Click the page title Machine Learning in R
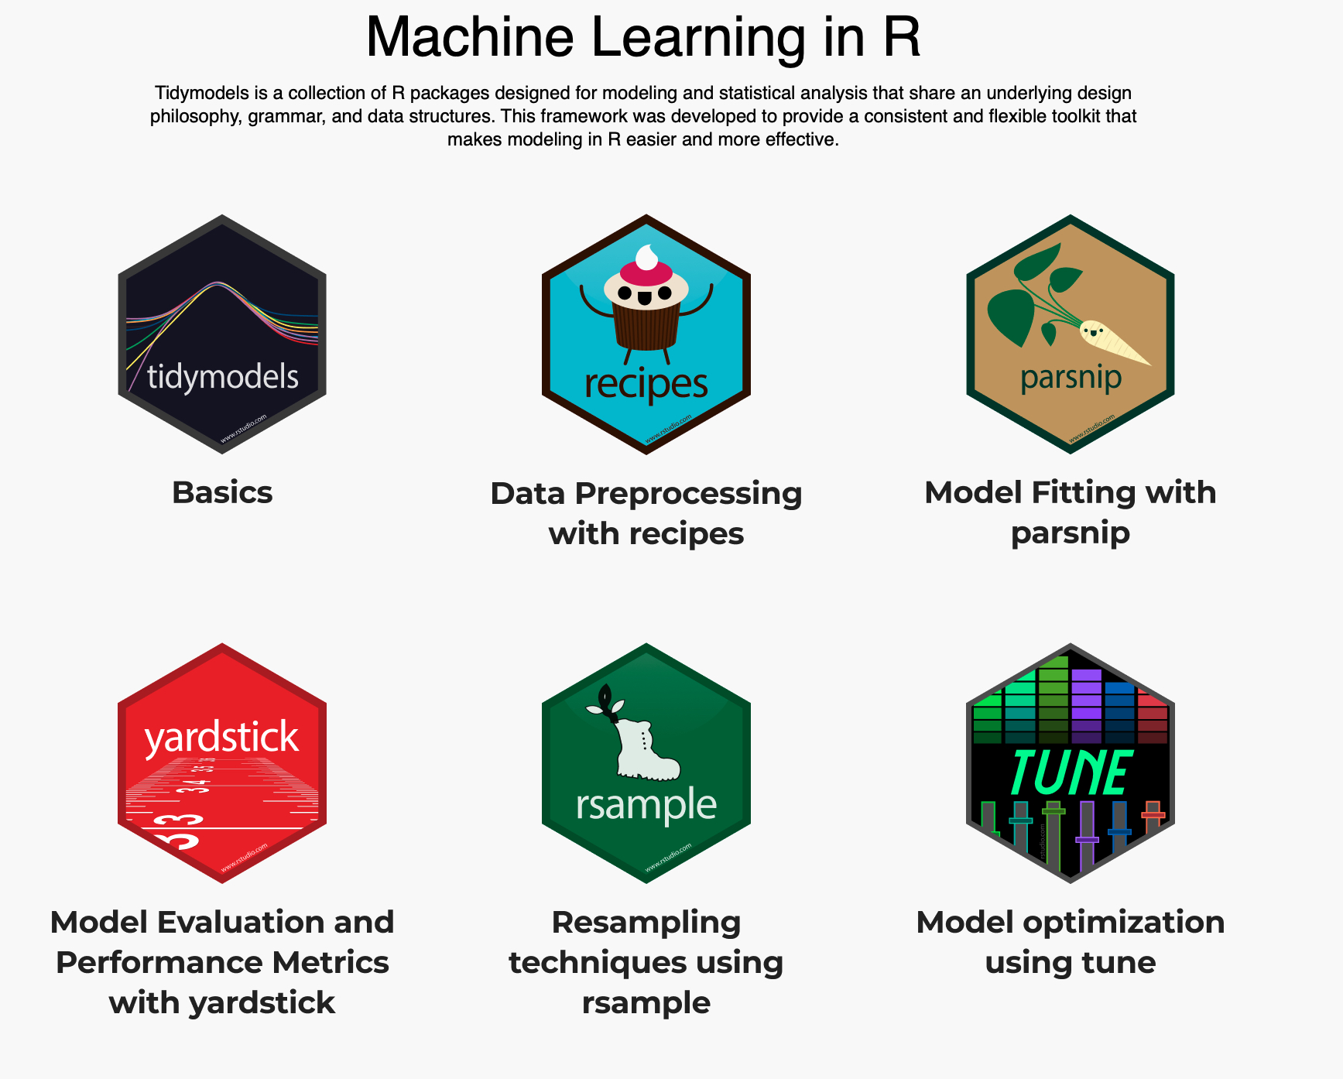click(643, 37)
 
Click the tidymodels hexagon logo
click(222, 334)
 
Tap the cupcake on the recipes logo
click(646, 310)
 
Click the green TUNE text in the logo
click(1071, 772)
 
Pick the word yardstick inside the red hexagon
click(221, 737)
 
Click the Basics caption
click(222, 492)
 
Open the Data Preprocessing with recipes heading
click(646, 513)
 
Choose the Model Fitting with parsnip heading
click(1071, 512)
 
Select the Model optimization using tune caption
click(1071, 942)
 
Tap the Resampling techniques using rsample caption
click(646, 962)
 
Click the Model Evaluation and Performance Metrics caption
click(222, 962)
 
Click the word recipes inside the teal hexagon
click(646, 383)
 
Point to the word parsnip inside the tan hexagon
click(1071, 378)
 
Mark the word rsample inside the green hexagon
click(646, 804)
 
